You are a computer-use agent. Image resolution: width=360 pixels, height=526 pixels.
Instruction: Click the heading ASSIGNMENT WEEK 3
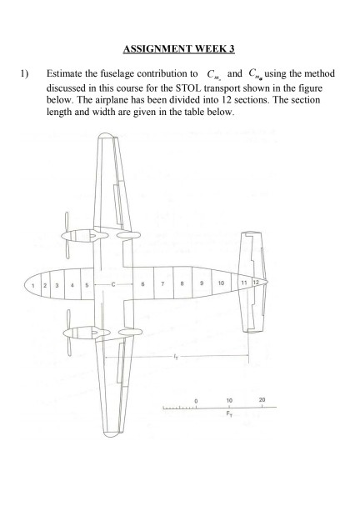tap(180, 49)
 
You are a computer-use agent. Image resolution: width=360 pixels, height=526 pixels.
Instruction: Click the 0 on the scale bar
tap(197, 400)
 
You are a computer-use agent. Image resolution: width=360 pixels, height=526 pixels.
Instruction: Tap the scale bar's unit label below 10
tap(228, 414)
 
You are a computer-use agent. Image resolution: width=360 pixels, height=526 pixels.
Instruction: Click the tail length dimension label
tap(175, 355)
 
